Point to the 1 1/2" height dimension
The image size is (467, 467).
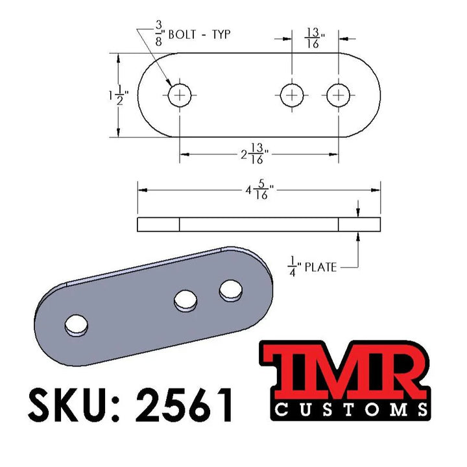(119, 95)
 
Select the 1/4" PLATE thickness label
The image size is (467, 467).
(313, 266)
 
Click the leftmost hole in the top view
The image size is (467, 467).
(180, 95)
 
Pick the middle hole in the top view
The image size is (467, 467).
(293, 95)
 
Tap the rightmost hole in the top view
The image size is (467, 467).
(338, 95)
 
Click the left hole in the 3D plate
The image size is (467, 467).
(77, 325)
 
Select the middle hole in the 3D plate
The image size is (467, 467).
(186, 300)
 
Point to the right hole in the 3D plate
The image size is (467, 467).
(230, 290)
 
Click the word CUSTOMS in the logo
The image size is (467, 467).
(350, 409)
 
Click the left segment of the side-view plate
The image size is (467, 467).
(158, 224)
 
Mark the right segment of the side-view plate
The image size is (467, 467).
(359, 224)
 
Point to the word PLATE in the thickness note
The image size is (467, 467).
(322, 267)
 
